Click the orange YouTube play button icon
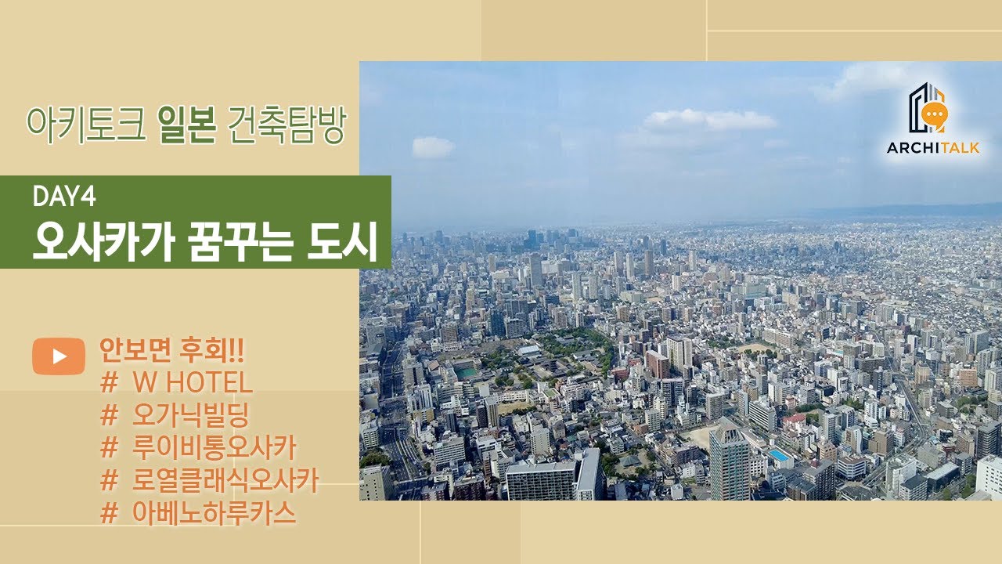[x=59, y=356]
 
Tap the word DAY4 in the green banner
[x=64, y=196]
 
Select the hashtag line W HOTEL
[x=177, y=383]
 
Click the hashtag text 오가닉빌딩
[x=175, y=415]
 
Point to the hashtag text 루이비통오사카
[x=198, y=447]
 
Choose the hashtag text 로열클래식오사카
[x=209, y=480]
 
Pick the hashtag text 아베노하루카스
[x=198, y=512]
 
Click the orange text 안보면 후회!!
[x=171, y=349]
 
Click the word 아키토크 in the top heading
[x=86, y=125]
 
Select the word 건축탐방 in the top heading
[x=287, y=125]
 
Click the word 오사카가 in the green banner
[x=103, y=242]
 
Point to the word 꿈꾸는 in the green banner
[x=240, y=242]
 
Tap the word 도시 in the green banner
[x=342, y=242]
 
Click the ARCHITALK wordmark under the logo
[x=933, y=148]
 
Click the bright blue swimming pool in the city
[x=779, y=455]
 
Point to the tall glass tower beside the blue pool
[x=730, y=461]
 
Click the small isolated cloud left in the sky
[x=433, y=147]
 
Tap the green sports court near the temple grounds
[x=467, y=371]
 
